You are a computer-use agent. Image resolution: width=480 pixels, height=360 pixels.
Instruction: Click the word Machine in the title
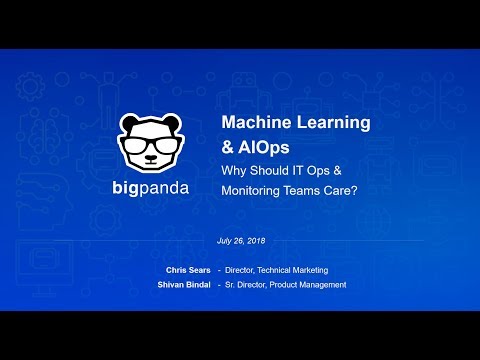[x=255, y=123]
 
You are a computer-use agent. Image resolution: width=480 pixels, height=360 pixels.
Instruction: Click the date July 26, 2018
[x=240, y=240]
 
